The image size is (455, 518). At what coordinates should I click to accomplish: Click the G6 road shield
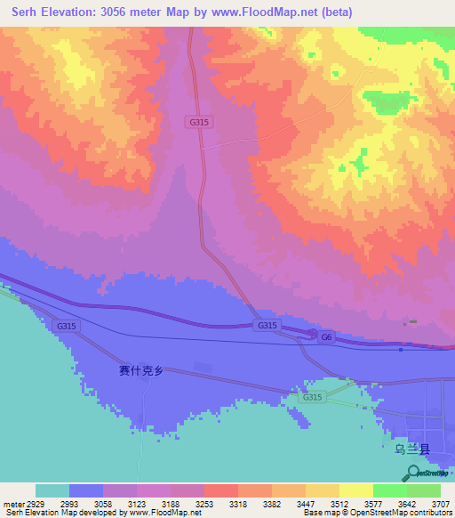tap(326, 337)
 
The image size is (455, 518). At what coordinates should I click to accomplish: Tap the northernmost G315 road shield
tap(199, 122)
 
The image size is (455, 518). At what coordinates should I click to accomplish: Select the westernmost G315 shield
tap(67, 327)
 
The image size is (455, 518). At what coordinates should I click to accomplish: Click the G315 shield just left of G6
tap(267, 326)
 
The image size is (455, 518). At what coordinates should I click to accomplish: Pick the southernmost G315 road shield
tap(312, 397)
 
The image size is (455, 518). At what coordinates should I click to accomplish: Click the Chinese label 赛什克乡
tap(141, 371)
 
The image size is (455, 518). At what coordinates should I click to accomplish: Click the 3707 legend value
tap(439, 503)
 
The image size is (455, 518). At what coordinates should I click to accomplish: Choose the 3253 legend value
tap(203, 503)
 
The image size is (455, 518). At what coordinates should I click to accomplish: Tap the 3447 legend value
tap(304, 503)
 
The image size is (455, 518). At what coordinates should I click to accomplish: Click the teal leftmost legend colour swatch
tap(52, 490)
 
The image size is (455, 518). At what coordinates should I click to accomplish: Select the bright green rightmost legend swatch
tap(424, 490)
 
